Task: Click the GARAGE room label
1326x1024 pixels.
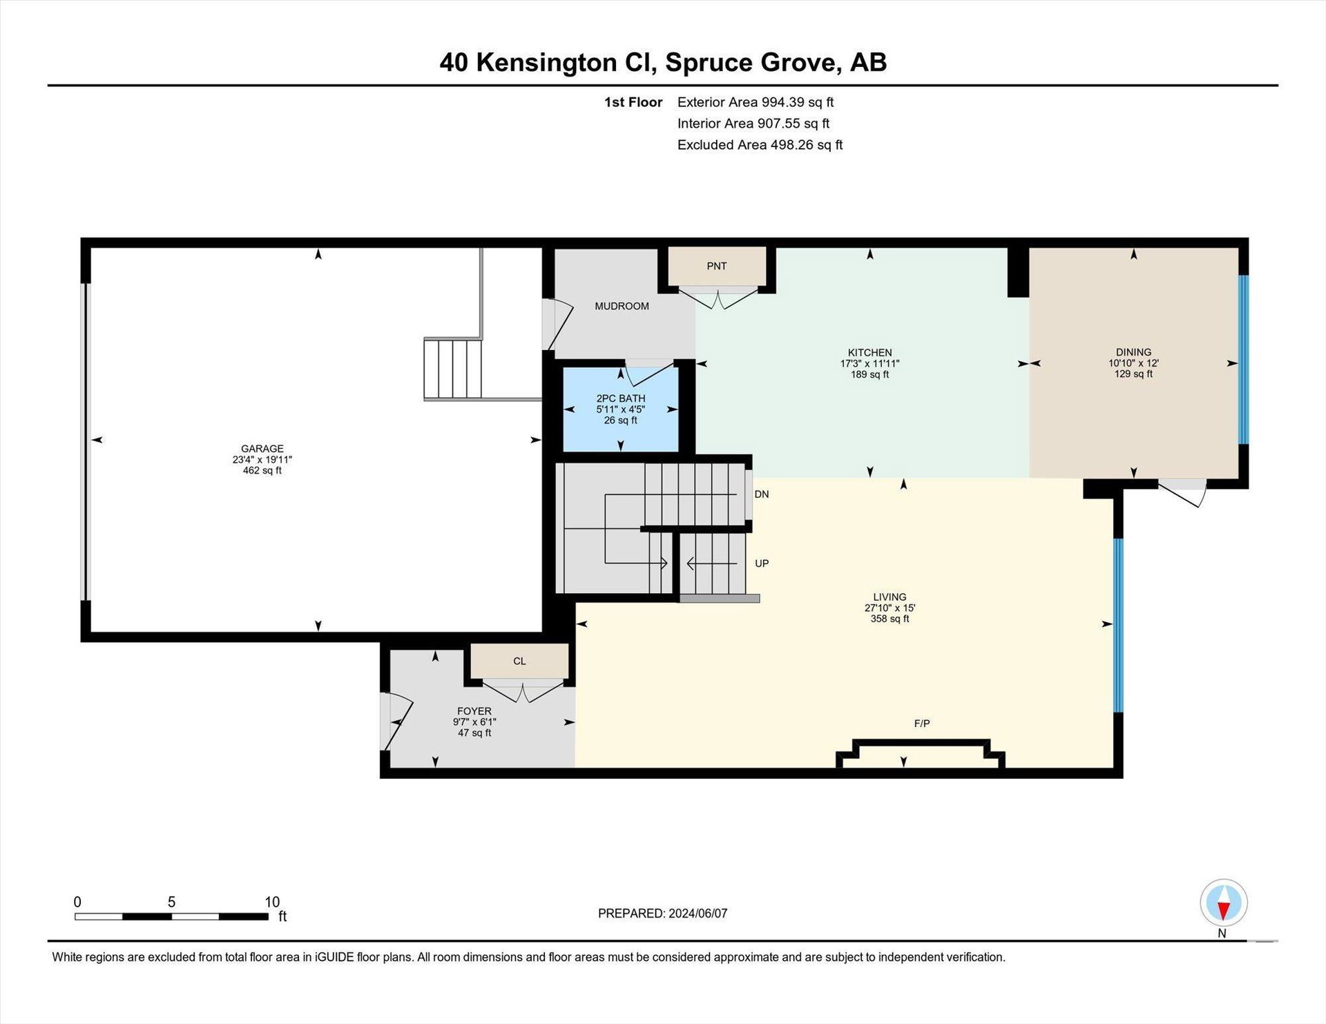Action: [x=262, y=449]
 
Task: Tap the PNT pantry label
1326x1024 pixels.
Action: [x=717, y=266]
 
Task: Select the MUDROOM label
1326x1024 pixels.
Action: [x=622, y=306]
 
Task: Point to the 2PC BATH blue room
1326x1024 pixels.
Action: [x=620, y=409]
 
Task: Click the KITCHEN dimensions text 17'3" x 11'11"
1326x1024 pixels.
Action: [x=869, y=363]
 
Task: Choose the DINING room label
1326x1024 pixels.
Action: [x=1133, y=352]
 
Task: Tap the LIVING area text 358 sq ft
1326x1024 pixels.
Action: [x=890, y=619]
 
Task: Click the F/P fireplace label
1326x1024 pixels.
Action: [x=922, y=724]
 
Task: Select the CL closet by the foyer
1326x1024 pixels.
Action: [x=519, y=661]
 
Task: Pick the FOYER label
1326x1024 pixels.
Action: [x=474, y=711]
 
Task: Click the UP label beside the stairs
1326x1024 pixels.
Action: [x=762, y=563]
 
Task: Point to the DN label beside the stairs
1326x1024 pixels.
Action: [x=762, y=494]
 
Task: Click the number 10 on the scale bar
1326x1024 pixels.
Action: [x=272, y=902]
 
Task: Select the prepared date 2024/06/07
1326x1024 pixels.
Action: [x=698, y=914]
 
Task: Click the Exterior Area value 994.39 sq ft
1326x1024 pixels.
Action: [x=798, y=102]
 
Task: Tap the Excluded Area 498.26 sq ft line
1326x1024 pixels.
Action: [x=760, y=145]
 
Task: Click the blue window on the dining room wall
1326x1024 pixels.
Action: [x=1243, y=360]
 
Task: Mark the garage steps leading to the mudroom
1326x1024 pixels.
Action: [x=452, y=369]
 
